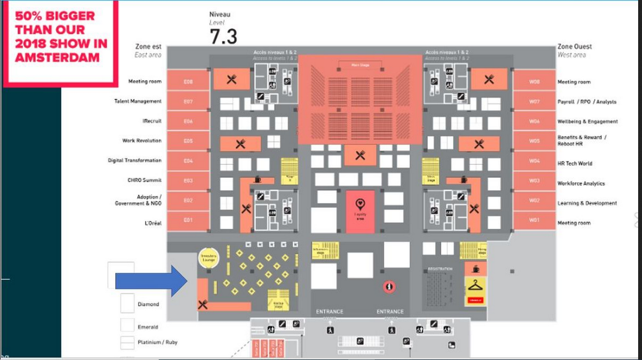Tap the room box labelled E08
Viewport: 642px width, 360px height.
(188, 82)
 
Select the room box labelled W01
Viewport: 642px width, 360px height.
(534, 220)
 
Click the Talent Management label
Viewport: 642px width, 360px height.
(138, 101)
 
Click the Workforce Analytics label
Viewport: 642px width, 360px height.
(581, 184)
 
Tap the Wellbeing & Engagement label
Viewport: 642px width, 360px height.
(587, 121)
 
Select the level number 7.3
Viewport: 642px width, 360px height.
(223, 36)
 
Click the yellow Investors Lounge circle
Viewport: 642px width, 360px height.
(208, 257)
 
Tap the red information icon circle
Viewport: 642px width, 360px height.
(390, 287)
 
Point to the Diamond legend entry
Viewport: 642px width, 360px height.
(148, 304)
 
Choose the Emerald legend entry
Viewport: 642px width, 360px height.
(148, 327)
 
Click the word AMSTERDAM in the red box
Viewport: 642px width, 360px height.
(57, 57)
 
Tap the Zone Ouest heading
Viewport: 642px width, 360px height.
(574, 47)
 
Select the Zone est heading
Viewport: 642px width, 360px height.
(148, 47)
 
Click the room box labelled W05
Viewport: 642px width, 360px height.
(534, 141)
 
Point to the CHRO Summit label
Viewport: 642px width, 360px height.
(144, 180)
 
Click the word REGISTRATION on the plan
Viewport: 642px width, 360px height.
(440, 269)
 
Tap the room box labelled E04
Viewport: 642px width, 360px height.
(188, 161)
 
